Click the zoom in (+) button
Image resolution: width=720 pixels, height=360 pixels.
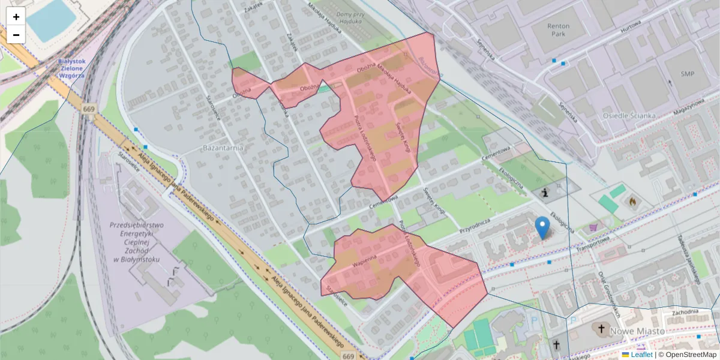coord(16,16)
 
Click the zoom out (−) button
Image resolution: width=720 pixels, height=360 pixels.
coord(16,35)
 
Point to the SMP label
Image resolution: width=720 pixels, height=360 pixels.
coord(687,73)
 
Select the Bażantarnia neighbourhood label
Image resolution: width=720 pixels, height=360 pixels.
coord(222,148)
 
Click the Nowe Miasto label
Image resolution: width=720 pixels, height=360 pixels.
coord(637,331)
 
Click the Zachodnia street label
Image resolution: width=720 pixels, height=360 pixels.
coord(685,312)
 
